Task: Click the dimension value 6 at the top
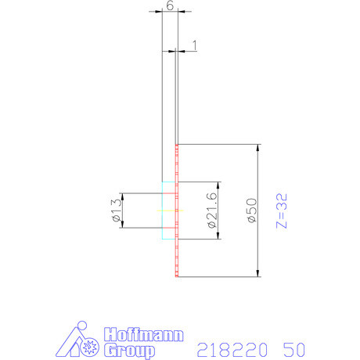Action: coord(170,5)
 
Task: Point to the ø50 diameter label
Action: coord(251,211)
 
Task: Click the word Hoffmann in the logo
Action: coord(143,334)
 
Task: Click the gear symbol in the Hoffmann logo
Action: coord(89,345)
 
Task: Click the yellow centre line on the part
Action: coord(169,211)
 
